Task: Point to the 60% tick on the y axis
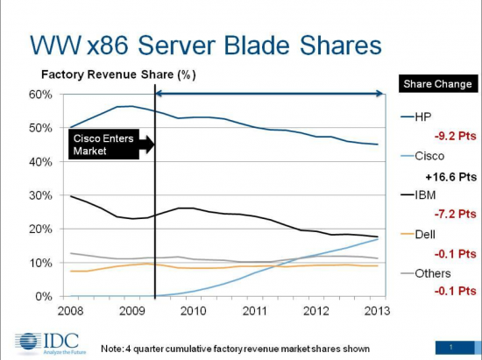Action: click(x=45, y=94)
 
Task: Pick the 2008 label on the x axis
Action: click(x=71, y=309)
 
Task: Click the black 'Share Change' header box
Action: click(x=437, y=84)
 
